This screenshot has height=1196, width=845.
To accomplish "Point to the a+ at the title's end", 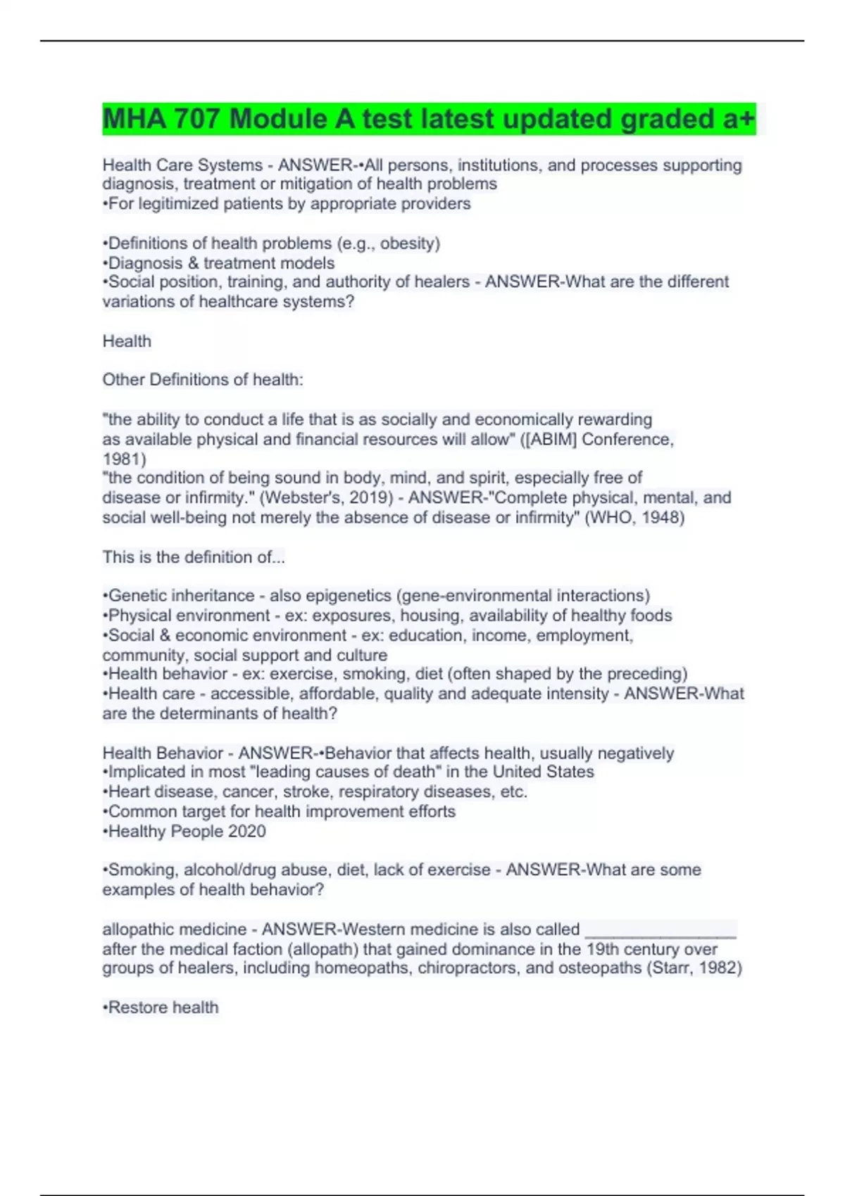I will coord(739,118).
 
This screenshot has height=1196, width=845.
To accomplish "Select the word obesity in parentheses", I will coord(408,243).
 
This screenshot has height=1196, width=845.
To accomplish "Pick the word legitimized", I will coord(179,204).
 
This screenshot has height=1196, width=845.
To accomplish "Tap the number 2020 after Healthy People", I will coord(246,832).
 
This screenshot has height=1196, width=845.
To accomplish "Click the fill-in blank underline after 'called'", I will coord(661,930).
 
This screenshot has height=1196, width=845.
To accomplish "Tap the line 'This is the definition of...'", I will coord(194,557).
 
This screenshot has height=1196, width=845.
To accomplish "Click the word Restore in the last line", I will coord(137,1007).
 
